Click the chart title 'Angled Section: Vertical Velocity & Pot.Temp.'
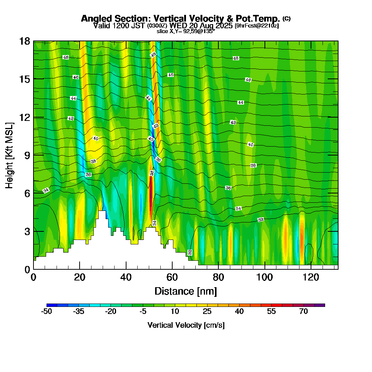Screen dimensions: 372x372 coord(180,19)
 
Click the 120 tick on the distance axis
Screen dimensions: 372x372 coord(311,278)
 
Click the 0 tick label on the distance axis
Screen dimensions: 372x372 coord(33,278)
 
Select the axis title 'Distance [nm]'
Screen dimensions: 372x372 coord(186,291)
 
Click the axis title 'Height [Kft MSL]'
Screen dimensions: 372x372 coord(10,155)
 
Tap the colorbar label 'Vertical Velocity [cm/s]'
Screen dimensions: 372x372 coord(186,325)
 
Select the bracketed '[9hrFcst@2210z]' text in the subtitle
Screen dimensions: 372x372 coord(256,26)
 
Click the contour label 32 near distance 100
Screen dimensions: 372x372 coord(261,220)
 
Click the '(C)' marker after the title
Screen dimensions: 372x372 coord(286,18)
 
